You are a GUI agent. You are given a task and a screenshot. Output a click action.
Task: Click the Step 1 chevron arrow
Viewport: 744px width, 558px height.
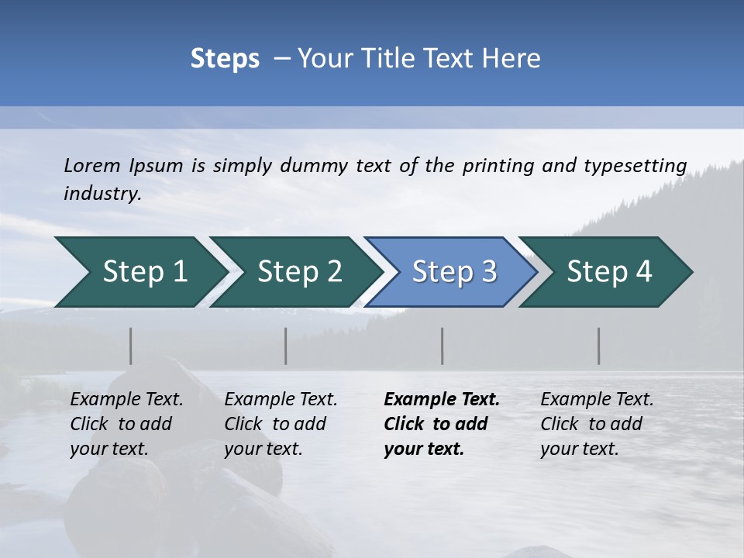[139, 272]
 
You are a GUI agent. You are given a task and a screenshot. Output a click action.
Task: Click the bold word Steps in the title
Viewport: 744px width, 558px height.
[225, 58]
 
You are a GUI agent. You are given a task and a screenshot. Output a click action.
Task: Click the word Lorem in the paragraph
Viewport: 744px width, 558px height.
[92, 165]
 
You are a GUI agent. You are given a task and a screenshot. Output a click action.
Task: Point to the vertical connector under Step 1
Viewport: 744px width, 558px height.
[131, 346]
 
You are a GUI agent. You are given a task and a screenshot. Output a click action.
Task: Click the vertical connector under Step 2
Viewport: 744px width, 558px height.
[286, 346]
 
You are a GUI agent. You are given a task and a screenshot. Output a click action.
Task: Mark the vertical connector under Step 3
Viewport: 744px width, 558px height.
[443, 346]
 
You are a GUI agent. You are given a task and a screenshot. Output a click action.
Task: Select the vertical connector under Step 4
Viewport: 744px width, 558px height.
[599, 346]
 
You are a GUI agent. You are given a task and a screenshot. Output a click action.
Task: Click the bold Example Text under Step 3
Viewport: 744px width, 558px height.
[442, 400]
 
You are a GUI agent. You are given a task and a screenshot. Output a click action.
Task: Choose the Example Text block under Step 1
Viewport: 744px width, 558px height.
[126, 424]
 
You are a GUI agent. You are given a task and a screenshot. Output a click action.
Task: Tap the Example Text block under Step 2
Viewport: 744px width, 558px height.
[281, 424]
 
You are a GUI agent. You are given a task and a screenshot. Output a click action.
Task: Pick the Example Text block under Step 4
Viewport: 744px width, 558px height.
[597, 424]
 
